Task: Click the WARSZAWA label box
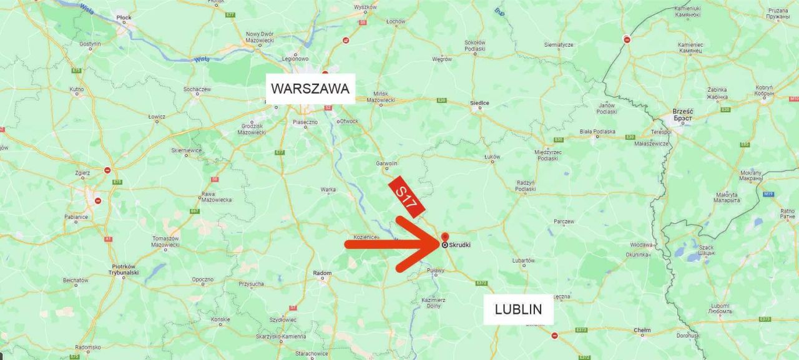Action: (x=310, y=89)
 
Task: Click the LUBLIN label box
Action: (x=518, y=309)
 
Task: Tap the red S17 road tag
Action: (x=406, y=196)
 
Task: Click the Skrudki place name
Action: (x=459, y=245)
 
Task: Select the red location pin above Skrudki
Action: (x=444, y=237)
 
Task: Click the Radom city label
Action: (x=322, y=273)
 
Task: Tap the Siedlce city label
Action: (x=480, y=103)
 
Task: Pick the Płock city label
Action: (x=124, y=18)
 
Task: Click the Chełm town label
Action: (x=642, y=330)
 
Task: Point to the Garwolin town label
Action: (x=386, y=163)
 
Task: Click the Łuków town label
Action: (x=492, y=157)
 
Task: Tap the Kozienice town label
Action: (x=366, y=237)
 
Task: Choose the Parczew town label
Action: (x=564, y=221)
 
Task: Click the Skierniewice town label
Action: (x=187, y=150)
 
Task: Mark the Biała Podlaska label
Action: (x=597, y=132)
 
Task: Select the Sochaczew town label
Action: (x=197, y=89)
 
